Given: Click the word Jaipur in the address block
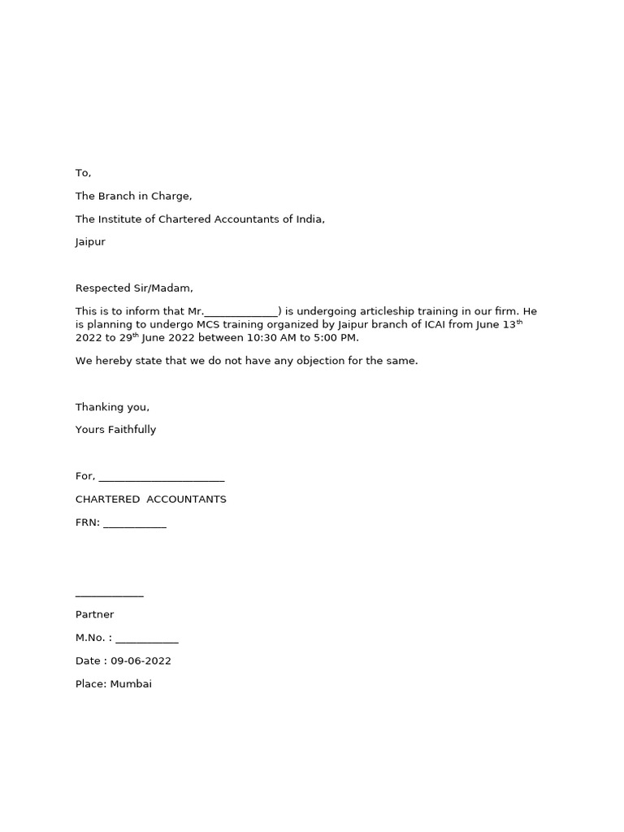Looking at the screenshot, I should click(x=90, y=242).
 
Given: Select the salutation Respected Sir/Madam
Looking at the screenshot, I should click(x=134, y=288).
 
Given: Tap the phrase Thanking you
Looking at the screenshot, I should click(x=112, y=407).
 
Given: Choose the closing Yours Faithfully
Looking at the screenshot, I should click(x=115, y=430).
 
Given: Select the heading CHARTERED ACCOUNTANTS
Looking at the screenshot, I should click(x=150, y=500).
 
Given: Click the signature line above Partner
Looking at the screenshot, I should click(x=109, y=596).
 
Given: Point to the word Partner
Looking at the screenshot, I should click(x=94, y=615).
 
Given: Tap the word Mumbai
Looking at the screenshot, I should click(x=131, y=684).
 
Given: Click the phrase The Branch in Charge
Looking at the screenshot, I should click(x=133, y=197).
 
